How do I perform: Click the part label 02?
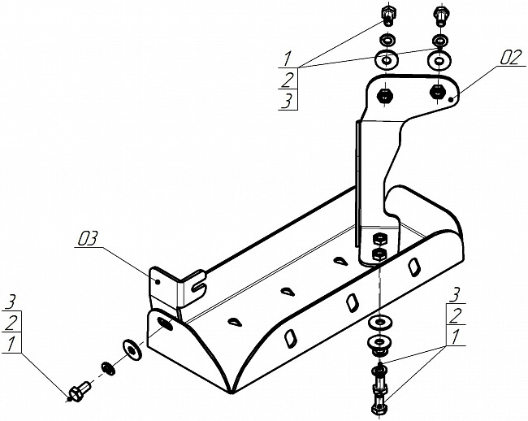click(x=511, y=57)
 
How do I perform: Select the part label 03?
click(x=87, y=238)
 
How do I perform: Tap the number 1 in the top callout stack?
click(x=287, y=58)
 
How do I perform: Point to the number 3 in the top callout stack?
click(x=287, y=100)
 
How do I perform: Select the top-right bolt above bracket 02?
click(x=439, y=15)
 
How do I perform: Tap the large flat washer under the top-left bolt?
click(x=385, y=59)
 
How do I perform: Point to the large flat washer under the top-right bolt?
click(x=439, y=60)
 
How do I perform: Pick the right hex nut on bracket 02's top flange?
click(x=439, y=89)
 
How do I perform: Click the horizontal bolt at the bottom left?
click(x=79, y=393)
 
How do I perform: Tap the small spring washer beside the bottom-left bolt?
click(x=108, y=368)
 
